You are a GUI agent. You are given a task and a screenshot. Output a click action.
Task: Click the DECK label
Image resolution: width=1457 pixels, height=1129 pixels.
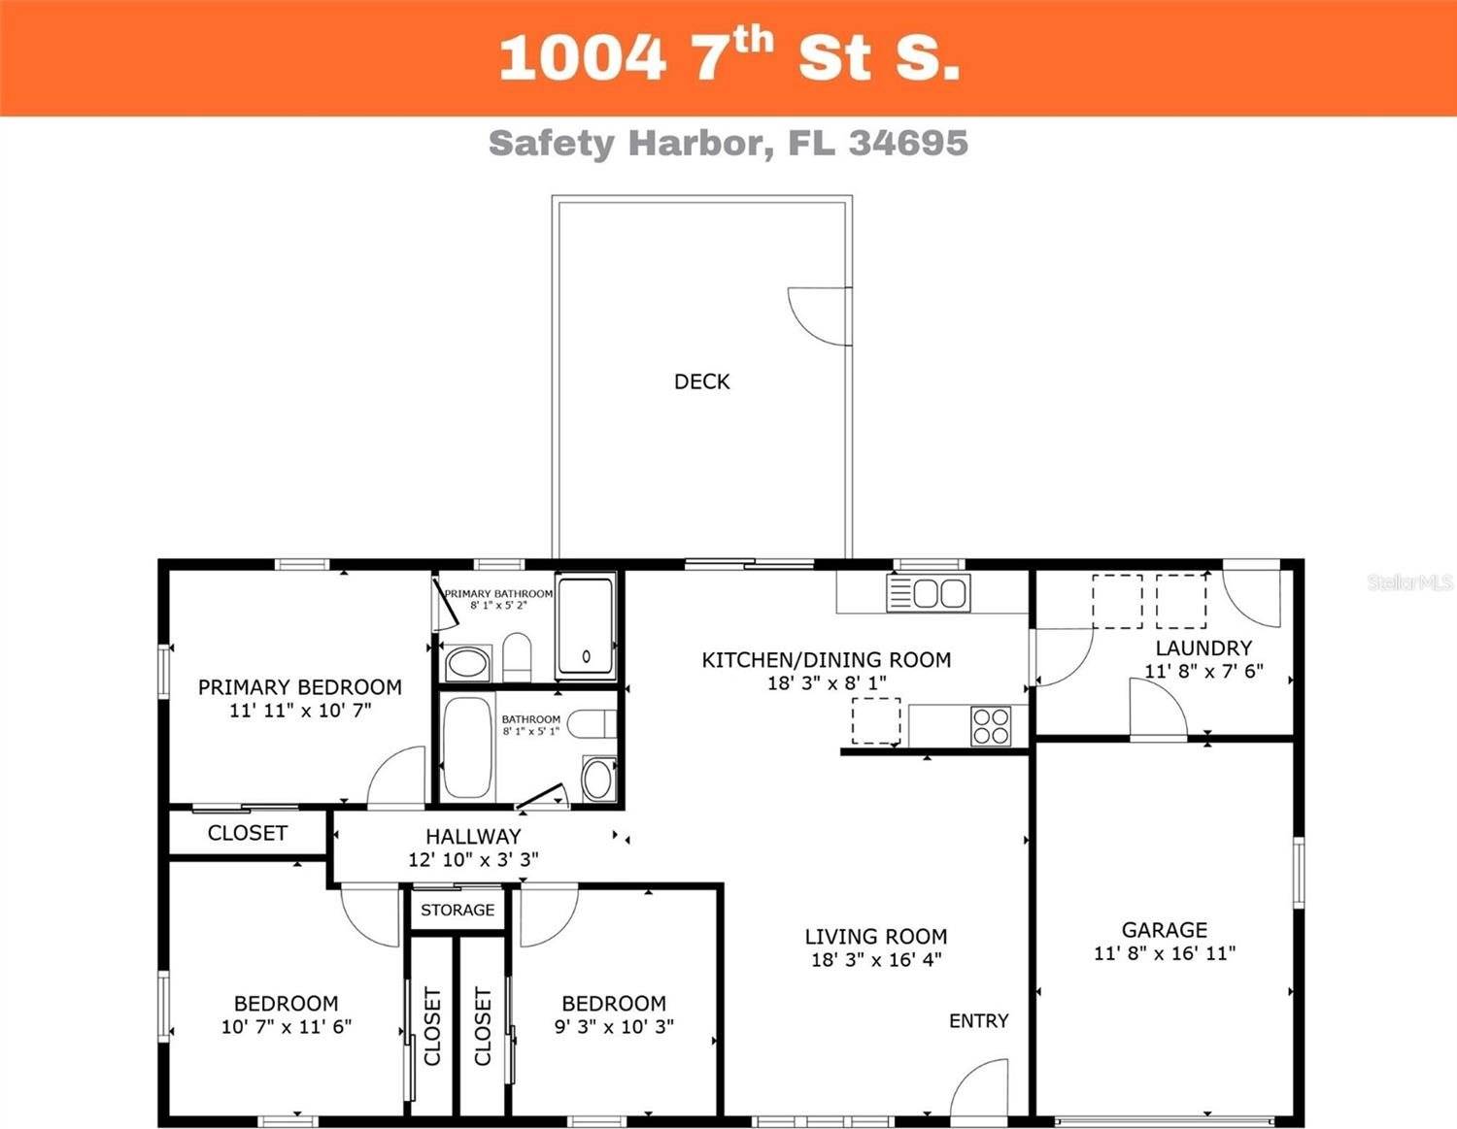point(701,382)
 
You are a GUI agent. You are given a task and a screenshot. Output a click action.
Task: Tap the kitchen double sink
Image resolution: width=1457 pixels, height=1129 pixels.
point(929,592)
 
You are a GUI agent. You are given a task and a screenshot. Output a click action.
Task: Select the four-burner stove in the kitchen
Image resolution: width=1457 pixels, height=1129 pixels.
point(991,726)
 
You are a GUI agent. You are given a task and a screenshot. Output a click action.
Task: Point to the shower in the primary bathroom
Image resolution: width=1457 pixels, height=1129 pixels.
point(585,627)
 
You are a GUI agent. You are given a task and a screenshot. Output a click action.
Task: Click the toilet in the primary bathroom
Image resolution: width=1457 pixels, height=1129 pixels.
point(517,657)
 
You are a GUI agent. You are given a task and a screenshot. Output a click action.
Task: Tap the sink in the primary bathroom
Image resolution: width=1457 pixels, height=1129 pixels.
point(467,664)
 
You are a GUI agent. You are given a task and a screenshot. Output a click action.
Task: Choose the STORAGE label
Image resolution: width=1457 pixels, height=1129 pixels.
point(457,910)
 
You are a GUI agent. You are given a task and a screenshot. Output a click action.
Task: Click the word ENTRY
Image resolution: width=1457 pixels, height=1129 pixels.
point(978,1020)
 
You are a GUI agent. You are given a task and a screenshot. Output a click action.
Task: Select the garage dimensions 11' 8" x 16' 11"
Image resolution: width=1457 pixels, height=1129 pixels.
point(1164,953)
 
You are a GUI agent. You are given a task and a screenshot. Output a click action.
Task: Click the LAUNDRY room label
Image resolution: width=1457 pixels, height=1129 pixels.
point(1203,648)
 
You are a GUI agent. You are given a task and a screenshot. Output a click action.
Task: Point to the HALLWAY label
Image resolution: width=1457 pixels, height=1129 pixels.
point(473,836)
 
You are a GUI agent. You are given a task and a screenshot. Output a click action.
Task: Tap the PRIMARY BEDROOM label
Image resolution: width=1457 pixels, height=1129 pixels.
point(299,687)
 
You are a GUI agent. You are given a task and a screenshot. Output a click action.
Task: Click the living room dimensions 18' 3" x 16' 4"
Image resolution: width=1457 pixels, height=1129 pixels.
point(876,960)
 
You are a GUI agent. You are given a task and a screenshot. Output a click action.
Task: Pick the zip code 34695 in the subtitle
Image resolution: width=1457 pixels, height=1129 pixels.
point(908,143)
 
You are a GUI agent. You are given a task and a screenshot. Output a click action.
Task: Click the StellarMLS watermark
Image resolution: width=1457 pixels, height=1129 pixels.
point(1409,582)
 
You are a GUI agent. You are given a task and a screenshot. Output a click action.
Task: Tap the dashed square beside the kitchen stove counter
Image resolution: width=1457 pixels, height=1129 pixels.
point(876,721)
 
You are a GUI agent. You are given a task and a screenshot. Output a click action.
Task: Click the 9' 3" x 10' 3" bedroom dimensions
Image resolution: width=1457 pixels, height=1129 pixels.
point(614,1026)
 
